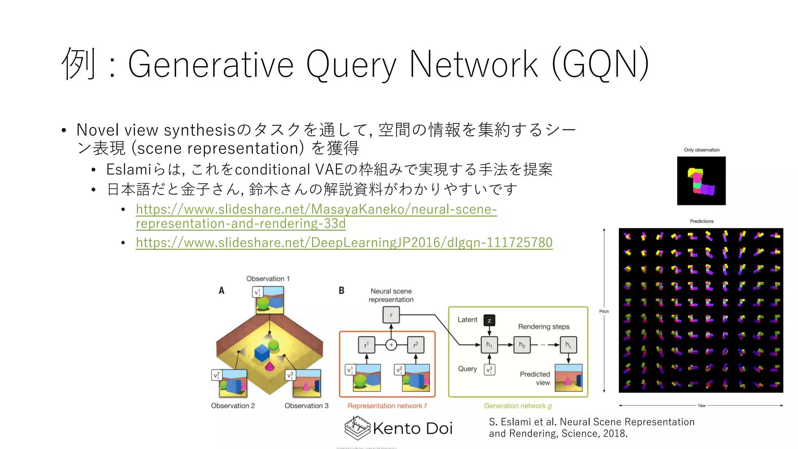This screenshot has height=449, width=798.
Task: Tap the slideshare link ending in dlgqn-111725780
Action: (344, 242)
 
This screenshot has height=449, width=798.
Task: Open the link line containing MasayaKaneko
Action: (316, 209)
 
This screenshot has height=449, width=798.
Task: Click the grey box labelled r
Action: (391, 315)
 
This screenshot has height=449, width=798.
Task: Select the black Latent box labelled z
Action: (489, 320)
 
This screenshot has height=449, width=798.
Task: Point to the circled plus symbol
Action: (391, 345)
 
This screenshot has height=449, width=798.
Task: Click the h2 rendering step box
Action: (522, 345)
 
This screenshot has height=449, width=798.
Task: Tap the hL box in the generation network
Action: (568, 345)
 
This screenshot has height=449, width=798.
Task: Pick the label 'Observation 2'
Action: (233, 406)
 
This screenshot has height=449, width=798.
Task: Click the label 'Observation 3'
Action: (306, 406)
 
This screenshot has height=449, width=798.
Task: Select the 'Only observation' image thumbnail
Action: (701, 181)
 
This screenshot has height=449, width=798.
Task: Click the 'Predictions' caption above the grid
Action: (702, 221)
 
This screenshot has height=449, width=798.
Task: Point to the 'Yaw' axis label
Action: (701, 406)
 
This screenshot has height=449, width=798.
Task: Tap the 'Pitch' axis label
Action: (604, 311)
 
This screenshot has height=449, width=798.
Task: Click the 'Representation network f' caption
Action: (387, 406)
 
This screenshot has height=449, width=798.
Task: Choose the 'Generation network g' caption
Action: (518, 406)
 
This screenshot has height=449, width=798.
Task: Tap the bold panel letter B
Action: (342, 290)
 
